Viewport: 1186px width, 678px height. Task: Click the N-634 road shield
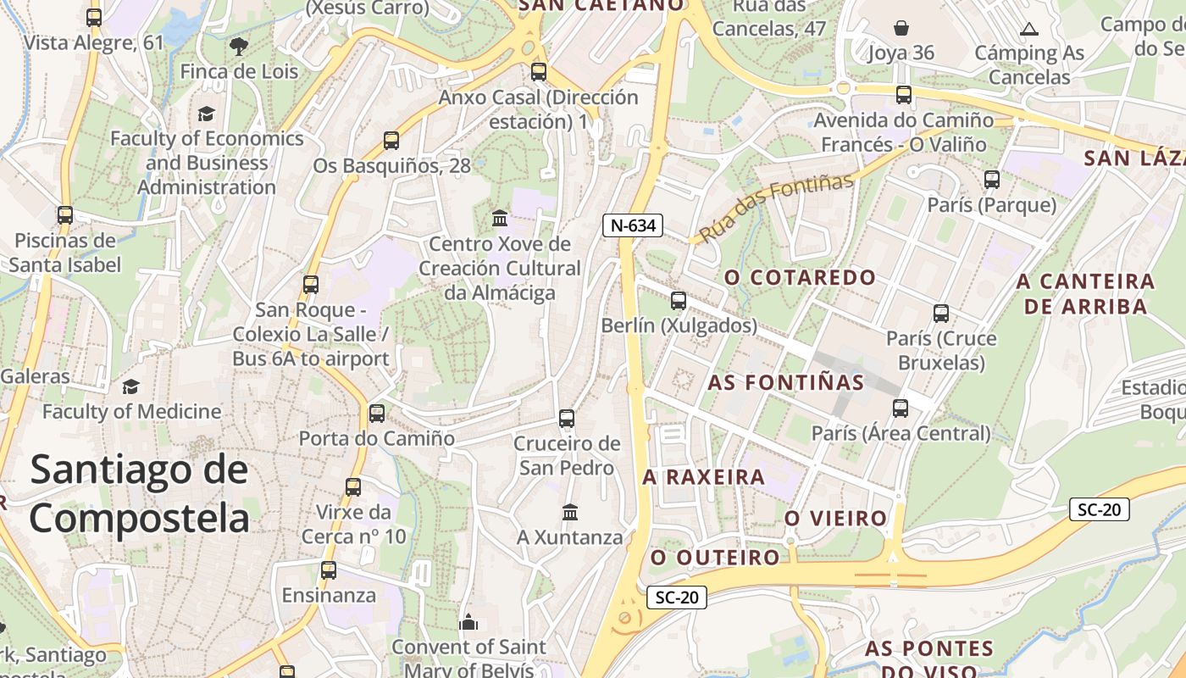632,225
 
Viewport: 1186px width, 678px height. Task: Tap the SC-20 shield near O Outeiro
677,597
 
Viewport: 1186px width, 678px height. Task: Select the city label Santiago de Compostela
140,494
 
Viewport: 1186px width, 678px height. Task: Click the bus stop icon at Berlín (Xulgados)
678,301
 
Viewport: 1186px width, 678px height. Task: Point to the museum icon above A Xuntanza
570,513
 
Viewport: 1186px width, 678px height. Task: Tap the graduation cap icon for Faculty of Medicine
130,387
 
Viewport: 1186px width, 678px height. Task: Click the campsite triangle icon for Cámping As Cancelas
1029,30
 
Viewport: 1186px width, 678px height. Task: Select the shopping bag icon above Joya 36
901,28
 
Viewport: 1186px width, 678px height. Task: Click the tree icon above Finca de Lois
239,46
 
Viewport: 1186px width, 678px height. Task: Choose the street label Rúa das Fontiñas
775,208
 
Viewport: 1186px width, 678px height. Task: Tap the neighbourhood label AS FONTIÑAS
786,382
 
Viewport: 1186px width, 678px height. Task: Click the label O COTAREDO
800,277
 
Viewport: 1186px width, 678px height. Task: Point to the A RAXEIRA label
703,477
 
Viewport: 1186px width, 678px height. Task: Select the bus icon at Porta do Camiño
377,414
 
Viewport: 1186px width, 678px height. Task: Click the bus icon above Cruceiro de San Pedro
567,419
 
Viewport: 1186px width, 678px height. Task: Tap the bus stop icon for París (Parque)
992,180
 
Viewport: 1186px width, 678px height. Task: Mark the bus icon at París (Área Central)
901,408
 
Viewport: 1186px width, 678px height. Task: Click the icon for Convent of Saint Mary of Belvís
468,623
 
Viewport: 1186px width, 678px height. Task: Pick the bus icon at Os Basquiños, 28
391,141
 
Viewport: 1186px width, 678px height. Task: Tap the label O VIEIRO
835,518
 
